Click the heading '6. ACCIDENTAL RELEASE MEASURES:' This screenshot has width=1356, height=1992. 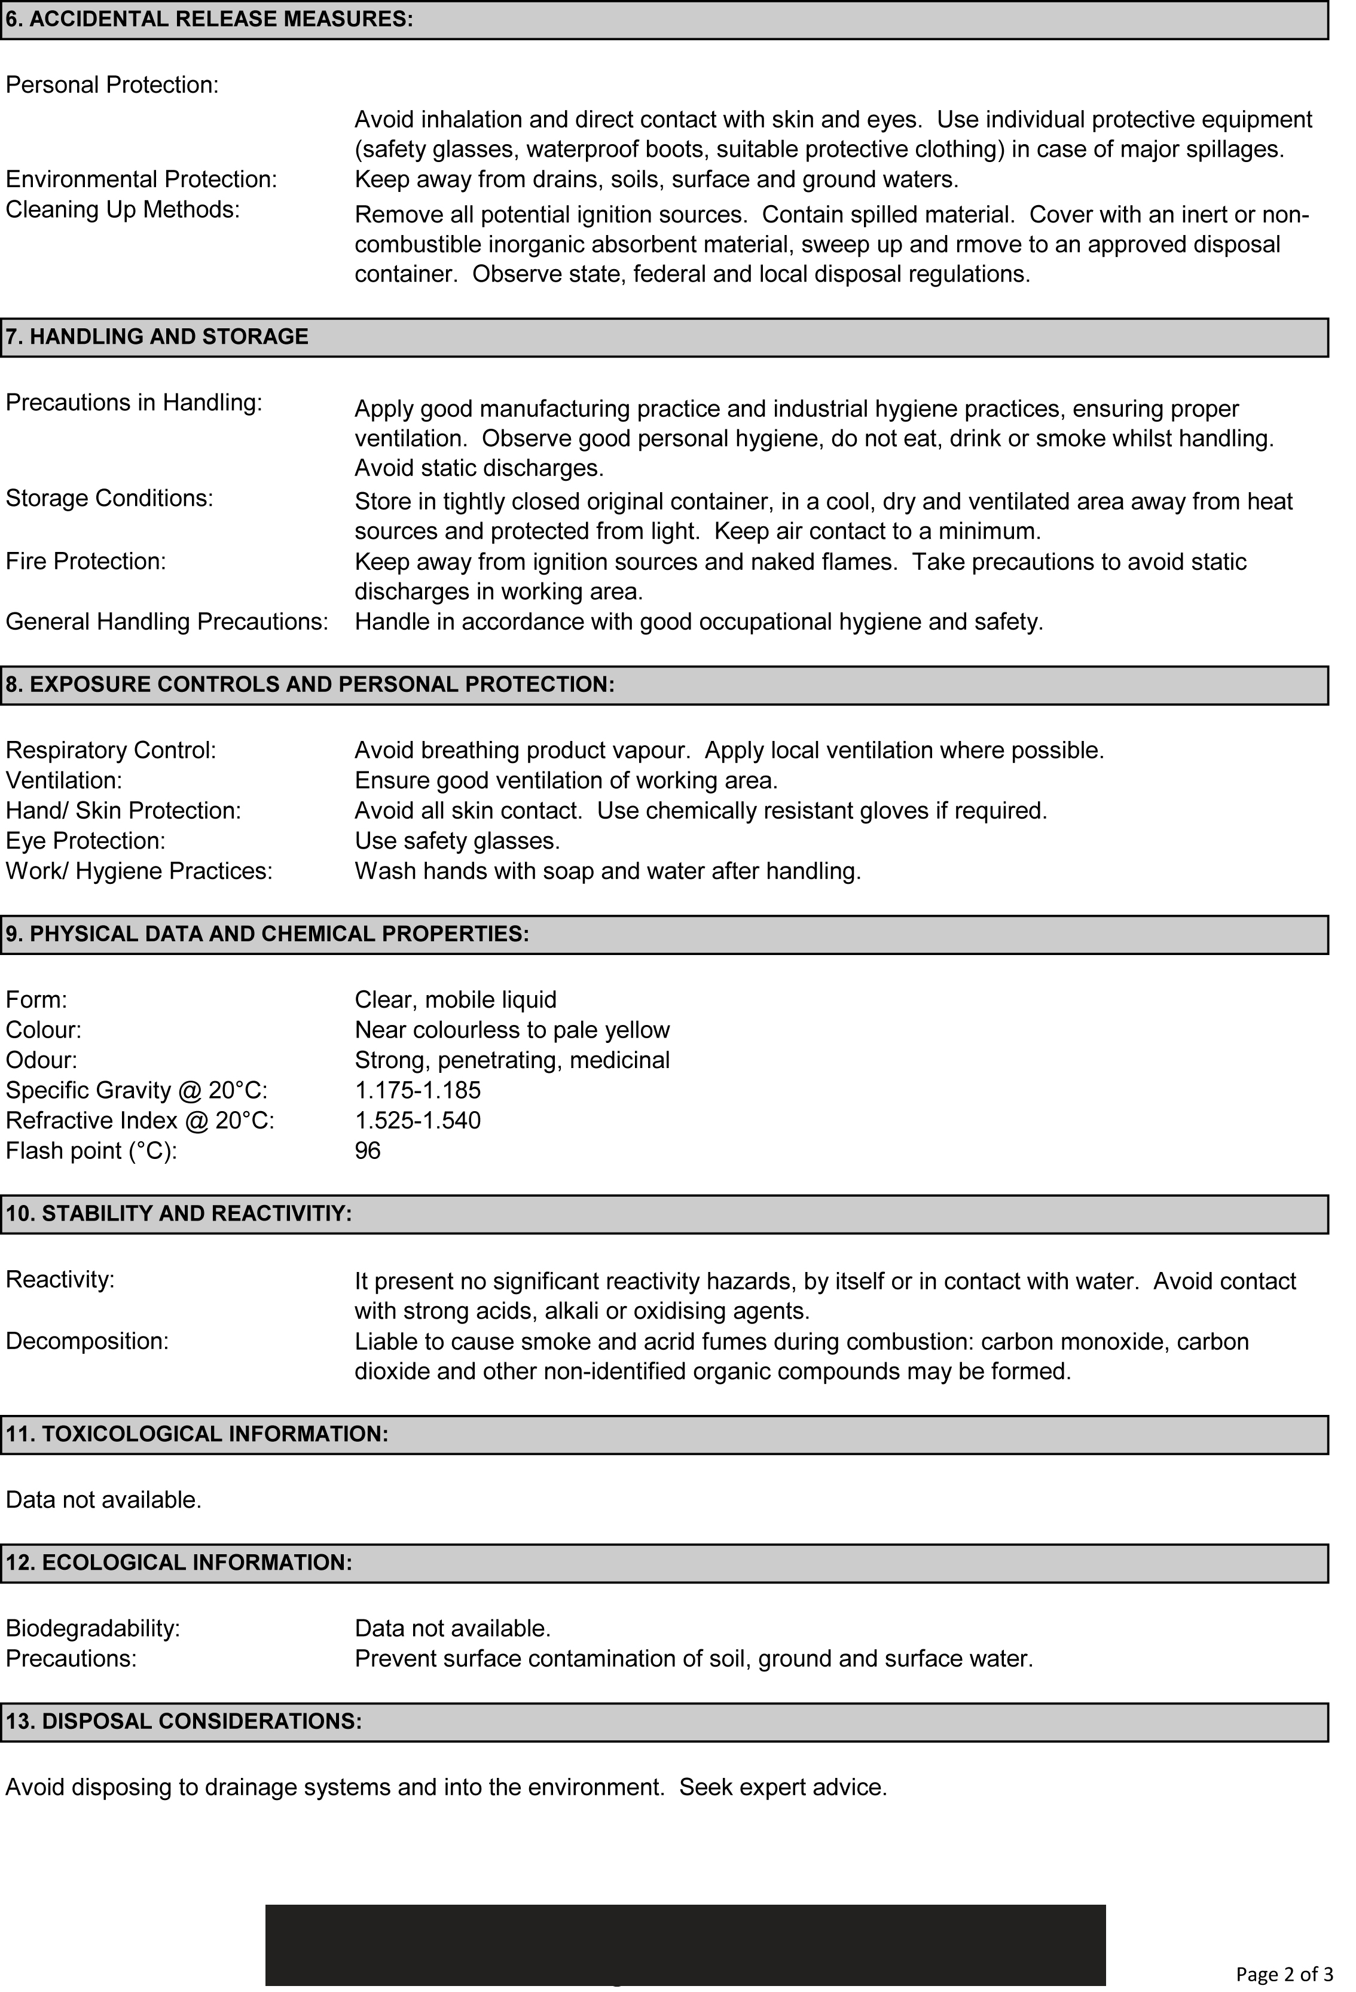[209, 20]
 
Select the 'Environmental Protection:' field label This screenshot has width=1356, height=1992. [142, 179]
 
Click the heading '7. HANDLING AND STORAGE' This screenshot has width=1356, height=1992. [157, 337]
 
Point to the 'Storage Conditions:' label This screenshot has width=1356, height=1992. [110, 498]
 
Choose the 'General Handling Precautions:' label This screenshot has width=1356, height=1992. [167, 621]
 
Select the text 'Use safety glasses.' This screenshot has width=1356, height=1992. [457, 841]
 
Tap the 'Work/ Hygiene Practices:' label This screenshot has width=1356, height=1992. [139, 871]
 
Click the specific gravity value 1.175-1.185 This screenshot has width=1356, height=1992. [417, 1090]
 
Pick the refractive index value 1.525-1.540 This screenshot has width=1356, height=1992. [417, 1120]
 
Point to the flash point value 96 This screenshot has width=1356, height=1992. [368, 1150]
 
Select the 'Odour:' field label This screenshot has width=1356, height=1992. [41, 1060]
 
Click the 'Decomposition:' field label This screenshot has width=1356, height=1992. [87, 1341]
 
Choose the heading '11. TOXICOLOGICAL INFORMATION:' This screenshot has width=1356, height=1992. [197, 1434]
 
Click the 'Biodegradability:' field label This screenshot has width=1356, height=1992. [93, 1628]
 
